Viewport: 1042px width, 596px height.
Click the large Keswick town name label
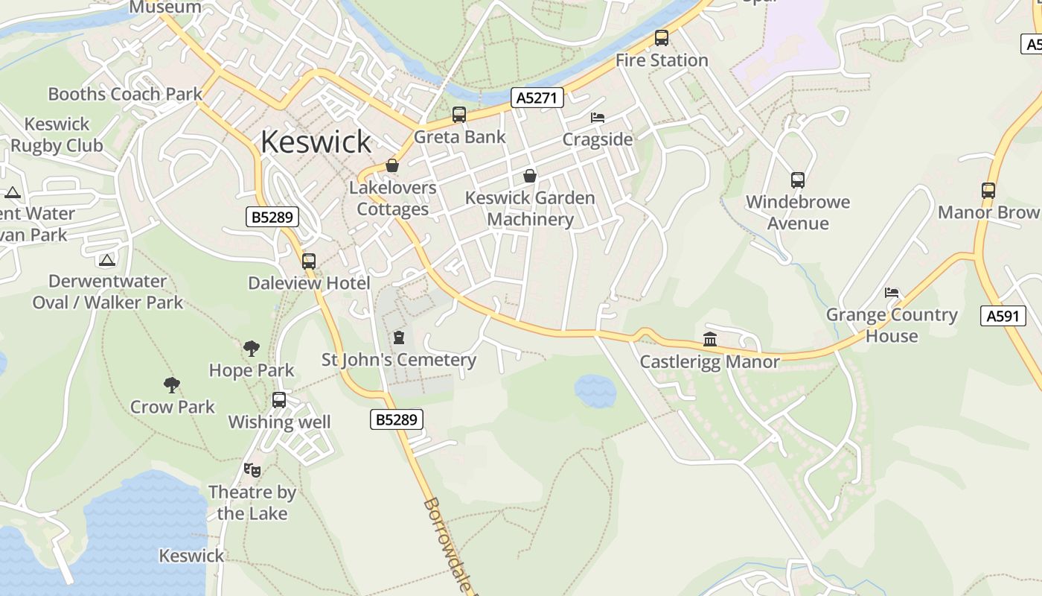pyautogui.click(x=316, y=142)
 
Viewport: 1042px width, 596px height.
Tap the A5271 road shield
pyautogui.click(x=537, y=98)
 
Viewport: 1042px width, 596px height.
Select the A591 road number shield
pyautogui.click(x=1003, y=316)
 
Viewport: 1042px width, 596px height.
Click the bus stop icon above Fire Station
pyautogui.click(x=661, y=38)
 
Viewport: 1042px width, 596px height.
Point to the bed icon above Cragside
pyautogui.click(x=598, y=118)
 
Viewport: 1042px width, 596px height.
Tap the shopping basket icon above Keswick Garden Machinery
pyautogui.click(x=530, y=176)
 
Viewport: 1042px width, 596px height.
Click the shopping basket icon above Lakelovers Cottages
pyautogui.click(x=392, y=165)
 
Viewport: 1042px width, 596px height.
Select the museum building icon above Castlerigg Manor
pyautogui.click(x=710, y=340)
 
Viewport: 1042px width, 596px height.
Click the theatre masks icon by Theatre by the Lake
pyautogui.click(x=252, y=470)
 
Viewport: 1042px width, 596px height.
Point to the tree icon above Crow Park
pyautogui.click(x=172, y=385)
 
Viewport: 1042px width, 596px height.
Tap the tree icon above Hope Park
pyautogui.click(x=252, y=348)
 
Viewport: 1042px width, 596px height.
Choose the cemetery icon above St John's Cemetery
pyautogui.click(x=399, y=337)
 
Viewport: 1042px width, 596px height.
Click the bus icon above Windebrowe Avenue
pyautogui.click(x=797, y=180)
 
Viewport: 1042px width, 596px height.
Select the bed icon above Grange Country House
pyautogui.click(x=892, y=293)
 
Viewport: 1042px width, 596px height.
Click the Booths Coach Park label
pyautogui.click(x=125, y=94)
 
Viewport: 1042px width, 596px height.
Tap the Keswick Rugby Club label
pyautogui.click(x=57, y=135)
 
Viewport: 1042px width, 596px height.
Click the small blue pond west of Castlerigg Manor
pyautogui.click(x=595, y=390)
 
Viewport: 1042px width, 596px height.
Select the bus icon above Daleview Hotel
pyautogui.click(x=309, y=261)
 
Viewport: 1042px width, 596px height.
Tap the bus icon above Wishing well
pyautogui.click(x=279, y=400)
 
